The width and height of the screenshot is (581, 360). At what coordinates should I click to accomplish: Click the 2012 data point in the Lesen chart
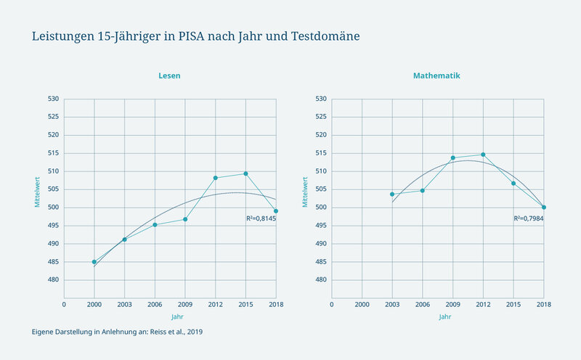(x=215, y=178)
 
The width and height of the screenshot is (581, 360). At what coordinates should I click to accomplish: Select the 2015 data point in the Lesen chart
(x=245, y=173)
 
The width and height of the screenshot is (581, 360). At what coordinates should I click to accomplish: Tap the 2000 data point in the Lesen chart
(x=94, y=262)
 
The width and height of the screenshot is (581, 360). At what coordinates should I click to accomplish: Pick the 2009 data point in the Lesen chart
(x=185, y=219)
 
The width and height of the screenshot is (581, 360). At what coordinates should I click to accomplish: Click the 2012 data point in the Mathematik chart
(x=483, y=155)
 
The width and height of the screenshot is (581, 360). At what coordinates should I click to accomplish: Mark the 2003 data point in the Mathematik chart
(x=392, y=194)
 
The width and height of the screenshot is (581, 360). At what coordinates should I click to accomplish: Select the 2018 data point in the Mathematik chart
(x=544, y=208)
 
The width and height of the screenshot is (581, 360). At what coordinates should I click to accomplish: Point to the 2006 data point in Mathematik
(x=423, y=191)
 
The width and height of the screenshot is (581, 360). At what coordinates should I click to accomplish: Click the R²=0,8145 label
(x=261, y=218)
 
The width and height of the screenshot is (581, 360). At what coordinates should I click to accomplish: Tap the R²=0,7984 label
(x=529, y=218)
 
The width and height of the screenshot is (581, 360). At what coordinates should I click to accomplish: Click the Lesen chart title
(x=169, y=75)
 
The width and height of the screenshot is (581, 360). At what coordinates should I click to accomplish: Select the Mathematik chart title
(x=436, y=75)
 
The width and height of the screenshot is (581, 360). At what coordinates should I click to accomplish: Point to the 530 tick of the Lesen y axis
(x=53, y=99)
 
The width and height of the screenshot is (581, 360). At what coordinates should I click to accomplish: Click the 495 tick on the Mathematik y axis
(x=321, y=226)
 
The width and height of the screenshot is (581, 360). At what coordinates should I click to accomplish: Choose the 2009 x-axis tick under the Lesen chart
(x=185, y=304)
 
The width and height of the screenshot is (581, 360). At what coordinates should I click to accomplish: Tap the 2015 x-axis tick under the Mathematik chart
(x=513, y=304)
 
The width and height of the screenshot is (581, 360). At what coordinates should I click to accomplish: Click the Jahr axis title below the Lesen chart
(x=177, y=316)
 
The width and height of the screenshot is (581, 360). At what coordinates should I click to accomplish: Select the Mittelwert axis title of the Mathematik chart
(x=305, y=192)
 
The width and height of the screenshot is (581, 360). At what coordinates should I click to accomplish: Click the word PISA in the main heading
(x=191, y=36)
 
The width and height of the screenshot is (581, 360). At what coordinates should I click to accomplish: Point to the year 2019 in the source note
(x=195, y=332)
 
